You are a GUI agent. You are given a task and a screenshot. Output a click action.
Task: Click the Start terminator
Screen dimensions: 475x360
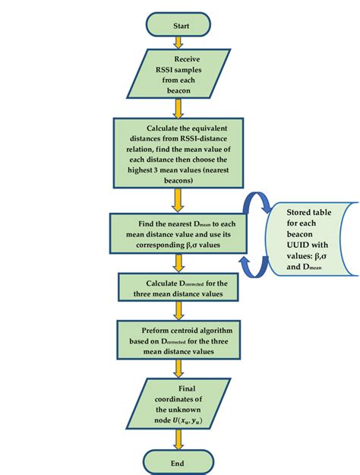point(181,25)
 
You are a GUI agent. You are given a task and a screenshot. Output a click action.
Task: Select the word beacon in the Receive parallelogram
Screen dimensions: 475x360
point(187,90)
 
